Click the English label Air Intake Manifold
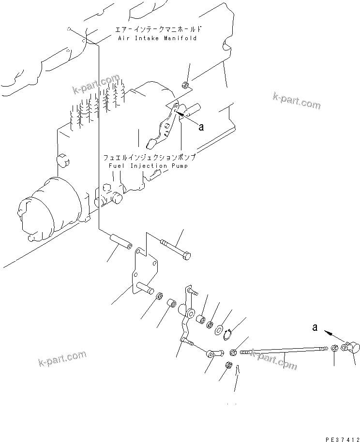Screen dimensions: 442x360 pos(157,38)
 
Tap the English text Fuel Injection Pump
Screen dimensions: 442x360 pos(145,166)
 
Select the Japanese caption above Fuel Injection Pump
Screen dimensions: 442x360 pos(149,158)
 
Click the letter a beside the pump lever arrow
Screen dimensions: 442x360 pos(201,127)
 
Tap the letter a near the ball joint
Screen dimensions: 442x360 pos(315,328)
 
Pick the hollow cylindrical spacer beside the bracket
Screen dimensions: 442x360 pos(120,241)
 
